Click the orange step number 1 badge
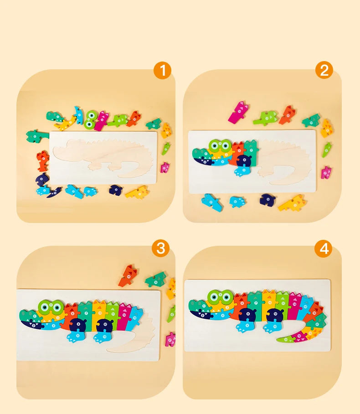click(x=162, y=71)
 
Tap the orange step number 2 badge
click(x=324, y=71)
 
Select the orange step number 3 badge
click(x=160, y=248)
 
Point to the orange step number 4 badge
click(x=324, y=249)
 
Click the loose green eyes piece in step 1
click(x=91, y=119)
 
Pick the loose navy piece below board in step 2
click(x=267, y=199)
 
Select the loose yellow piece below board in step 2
click(x=292, y=202)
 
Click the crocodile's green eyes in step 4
click(x=220, y=298)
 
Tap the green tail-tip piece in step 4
click(x=285, y=339)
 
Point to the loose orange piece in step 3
click(x=129, y=275)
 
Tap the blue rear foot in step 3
click(x=101, y=337)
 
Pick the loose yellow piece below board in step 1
click(x=137, y=191)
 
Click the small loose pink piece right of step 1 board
click(x=165, y=167)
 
